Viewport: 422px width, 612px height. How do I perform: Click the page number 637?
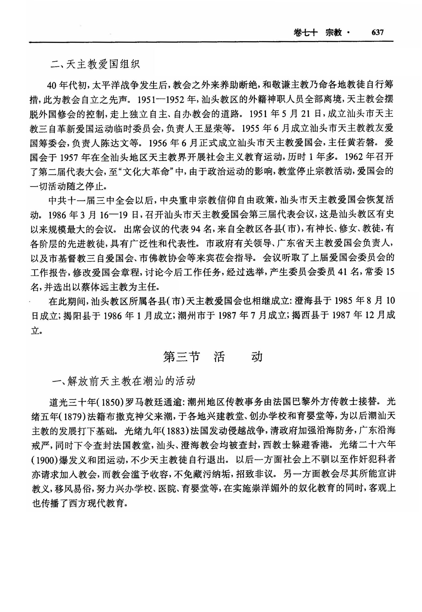[x=377, y=33]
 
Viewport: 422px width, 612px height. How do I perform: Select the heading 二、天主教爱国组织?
[x=95, y=64]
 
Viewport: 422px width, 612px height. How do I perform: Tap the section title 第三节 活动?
[x=213, y=357]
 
